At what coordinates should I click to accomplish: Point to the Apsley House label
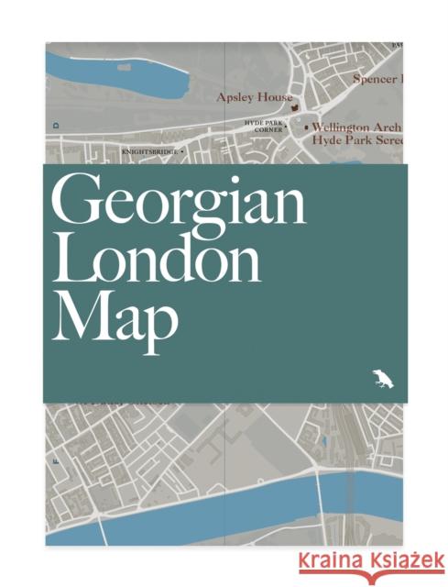point(255,96)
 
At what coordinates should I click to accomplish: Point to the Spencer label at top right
point(377,79)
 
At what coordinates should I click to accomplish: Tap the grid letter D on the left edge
point(56,122)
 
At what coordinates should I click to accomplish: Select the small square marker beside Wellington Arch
point(306,128)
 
